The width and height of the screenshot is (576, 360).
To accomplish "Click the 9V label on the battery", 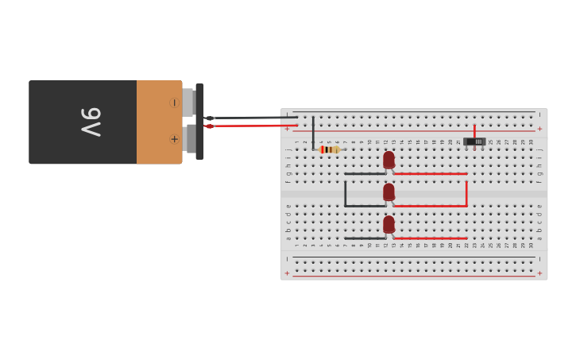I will [x=91, y=122].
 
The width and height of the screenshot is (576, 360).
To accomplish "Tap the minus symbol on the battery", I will [x=174, y=103].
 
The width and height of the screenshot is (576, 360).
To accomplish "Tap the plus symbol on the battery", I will [x=174, y=139].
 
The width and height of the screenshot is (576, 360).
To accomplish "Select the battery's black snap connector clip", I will [x=199, y=121].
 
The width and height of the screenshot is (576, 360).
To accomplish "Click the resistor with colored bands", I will [x=329, y=149].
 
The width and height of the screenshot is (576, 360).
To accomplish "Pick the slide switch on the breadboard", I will [x=474, y=141].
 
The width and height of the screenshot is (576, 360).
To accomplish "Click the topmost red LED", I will [x=389, y=160].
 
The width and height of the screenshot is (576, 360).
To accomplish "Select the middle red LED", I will [x=389, y=192].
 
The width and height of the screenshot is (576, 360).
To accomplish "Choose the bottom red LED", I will [x=389, y=225].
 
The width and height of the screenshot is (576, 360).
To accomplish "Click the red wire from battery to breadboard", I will [x=246, y=126].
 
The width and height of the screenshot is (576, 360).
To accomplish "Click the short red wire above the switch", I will [x=474, y=130].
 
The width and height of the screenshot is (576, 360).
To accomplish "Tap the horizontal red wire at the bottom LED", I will [x=430, y=238].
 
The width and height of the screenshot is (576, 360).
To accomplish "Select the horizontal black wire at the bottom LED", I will [x=365, y=238].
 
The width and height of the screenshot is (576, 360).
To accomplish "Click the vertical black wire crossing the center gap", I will [x=345, y=193].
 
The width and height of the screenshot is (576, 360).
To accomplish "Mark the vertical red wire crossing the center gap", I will [x=466, y=193].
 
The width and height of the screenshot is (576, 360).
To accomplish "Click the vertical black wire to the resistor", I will [x=313, y=132].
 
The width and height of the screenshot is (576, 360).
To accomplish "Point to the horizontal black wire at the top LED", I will [x=365, y=173].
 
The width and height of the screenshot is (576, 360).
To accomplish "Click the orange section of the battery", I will [x=159, y=122].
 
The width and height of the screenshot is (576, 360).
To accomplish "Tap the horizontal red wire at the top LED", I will [x=430, y=173].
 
